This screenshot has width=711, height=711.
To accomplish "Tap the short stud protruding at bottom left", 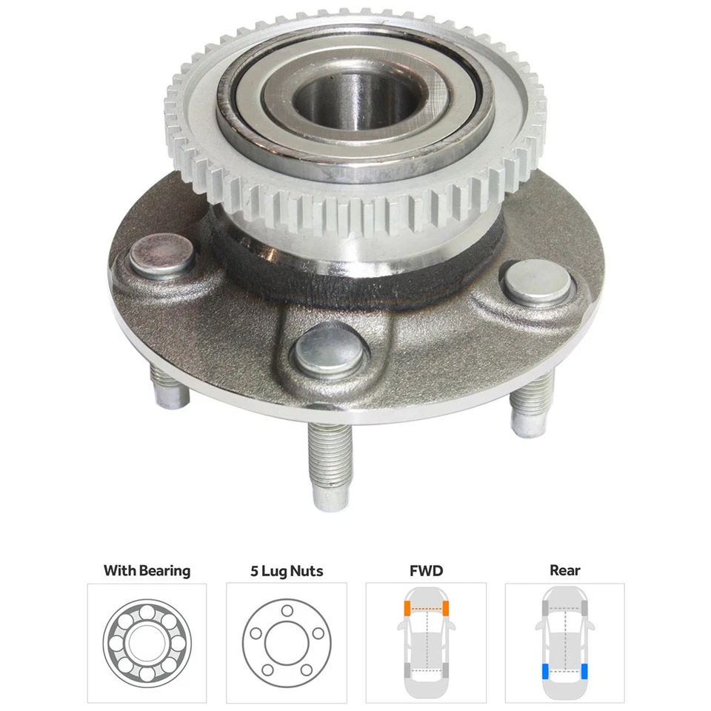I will point(170,389).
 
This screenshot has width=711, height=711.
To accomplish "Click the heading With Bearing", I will point(147,570).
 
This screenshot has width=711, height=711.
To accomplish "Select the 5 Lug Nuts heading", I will point(286,571).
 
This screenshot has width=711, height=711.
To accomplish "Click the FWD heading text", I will point(426,570).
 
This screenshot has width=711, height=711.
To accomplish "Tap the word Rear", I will point(565,570).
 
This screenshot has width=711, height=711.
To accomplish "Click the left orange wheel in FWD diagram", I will point(407,610).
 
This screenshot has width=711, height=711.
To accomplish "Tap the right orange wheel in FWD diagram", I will point(447,610).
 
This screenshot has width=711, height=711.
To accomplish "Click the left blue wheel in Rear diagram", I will point(546,672).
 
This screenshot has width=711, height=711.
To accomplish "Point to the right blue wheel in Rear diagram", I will point(585,672).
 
